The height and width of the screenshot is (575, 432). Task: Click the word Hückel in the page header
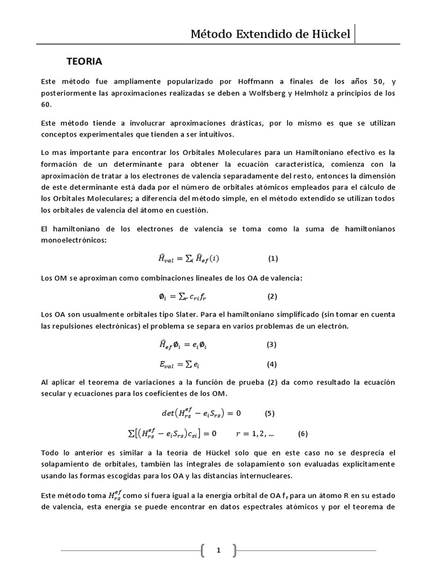tap(331, 35)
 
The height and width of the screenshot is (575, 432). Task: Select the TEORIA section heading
tap(84, 60)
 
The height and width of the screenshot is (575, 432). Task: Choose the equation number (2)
tap(272, 296)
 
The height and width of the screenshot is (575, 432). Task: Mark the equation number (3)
tap(272, 344)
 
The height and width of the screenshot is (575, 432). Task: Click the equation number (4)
tap(272, 364)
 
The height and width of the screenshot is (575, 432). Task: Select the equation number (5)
tap(270, 414)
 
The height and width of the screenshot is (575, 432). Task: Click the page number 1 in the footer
tap(219, 551)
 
